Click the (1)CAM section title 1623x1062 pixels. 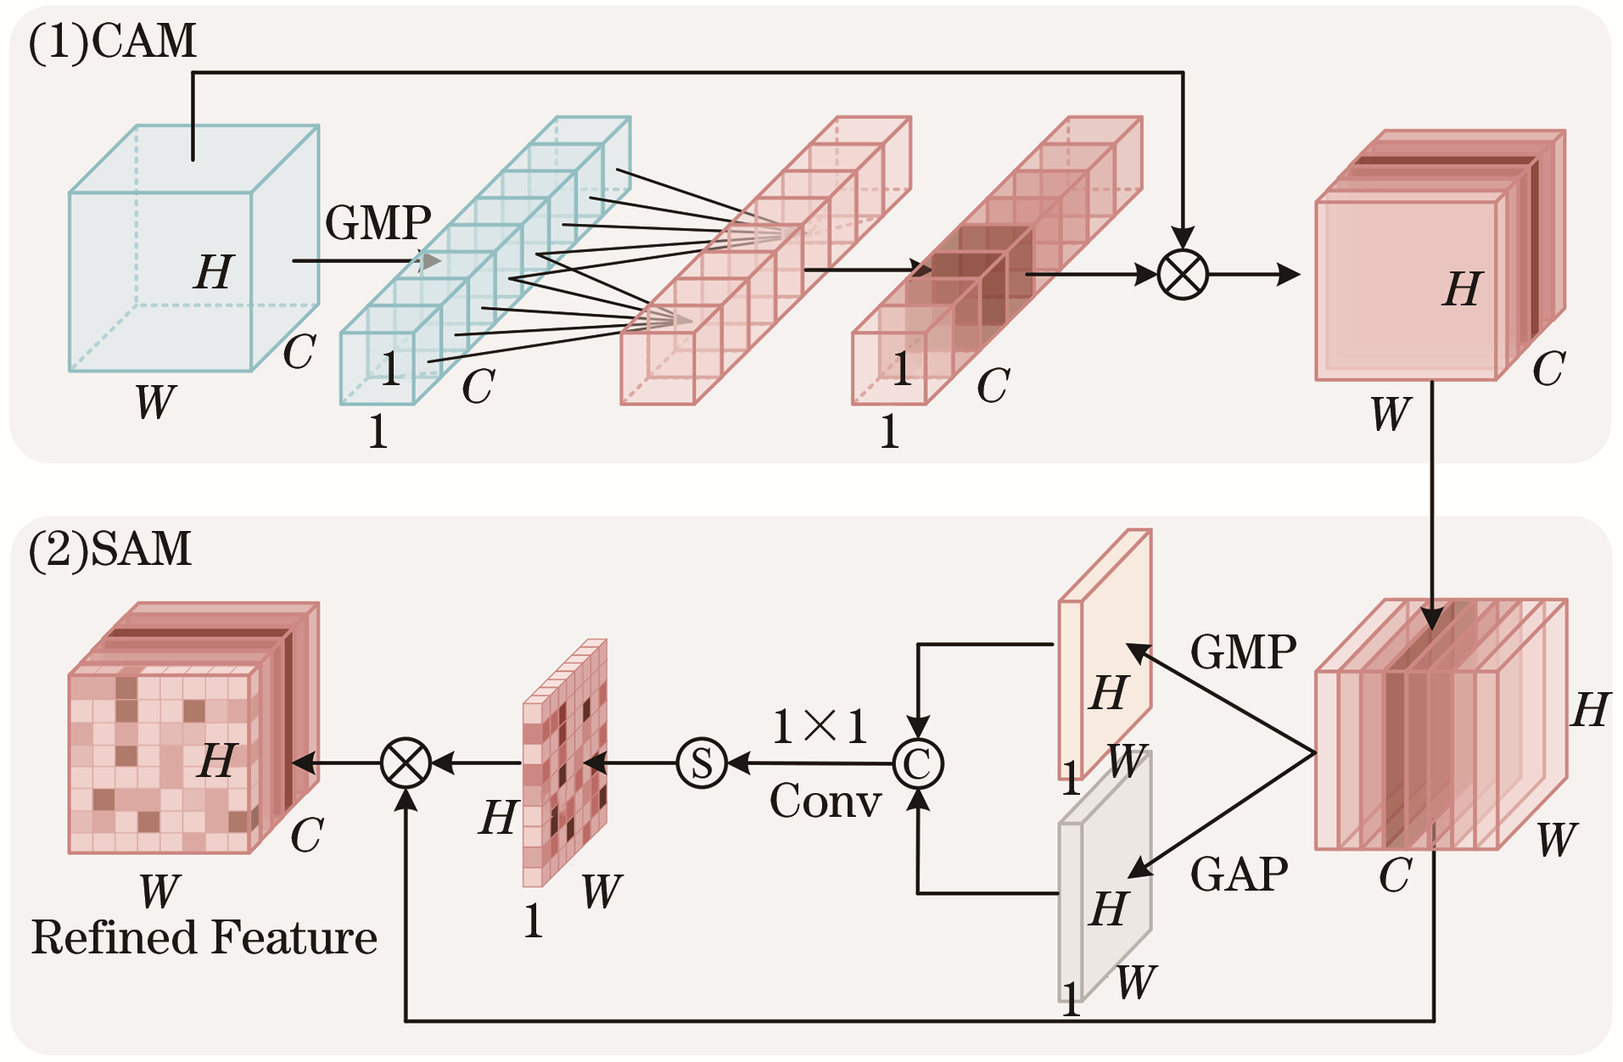(113, 42)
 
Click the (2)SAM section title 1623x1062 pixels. (110, 549)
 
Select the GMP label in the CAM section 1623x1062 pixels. (378, 223)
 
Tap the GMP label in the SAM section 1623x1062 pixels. (1243, 652)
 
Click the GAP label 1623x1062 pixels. (1239, 874)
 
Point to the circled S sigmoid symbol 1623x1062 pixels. (702, 763)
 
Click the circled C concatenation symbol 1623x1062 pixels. (918, 763)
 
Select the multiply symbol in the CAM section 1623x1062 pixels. (1183, 275)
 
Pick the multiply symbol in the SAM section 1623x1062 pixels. (406, 763)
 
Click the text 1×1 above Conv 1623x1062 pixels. (820, 726)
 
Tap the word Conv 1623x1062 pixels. (825, 801)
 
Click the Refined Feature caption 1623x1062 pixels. (204, 938)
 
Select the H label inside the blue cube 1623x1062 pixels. (214, 272)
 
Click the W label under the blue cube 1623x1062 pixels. (155, 402)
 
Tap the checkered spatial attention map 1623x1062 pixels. (564, 763)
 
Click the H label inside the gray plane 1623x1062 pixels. (1108, 909)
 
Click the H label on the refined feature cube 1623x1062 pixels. (217, 760)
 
